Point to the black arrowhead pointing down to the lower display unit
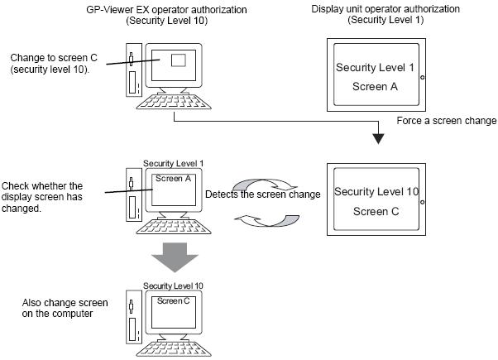tap(377, 136)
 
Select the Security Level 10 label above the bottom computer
tap(173, 286)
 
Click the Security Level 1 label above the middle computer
tap(173, 163)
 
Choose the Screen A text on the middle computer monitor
tap(174, 176)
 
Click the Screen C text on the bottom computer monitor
tap(173, 300)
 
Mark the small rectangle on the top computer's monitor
tap(180, 60)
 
